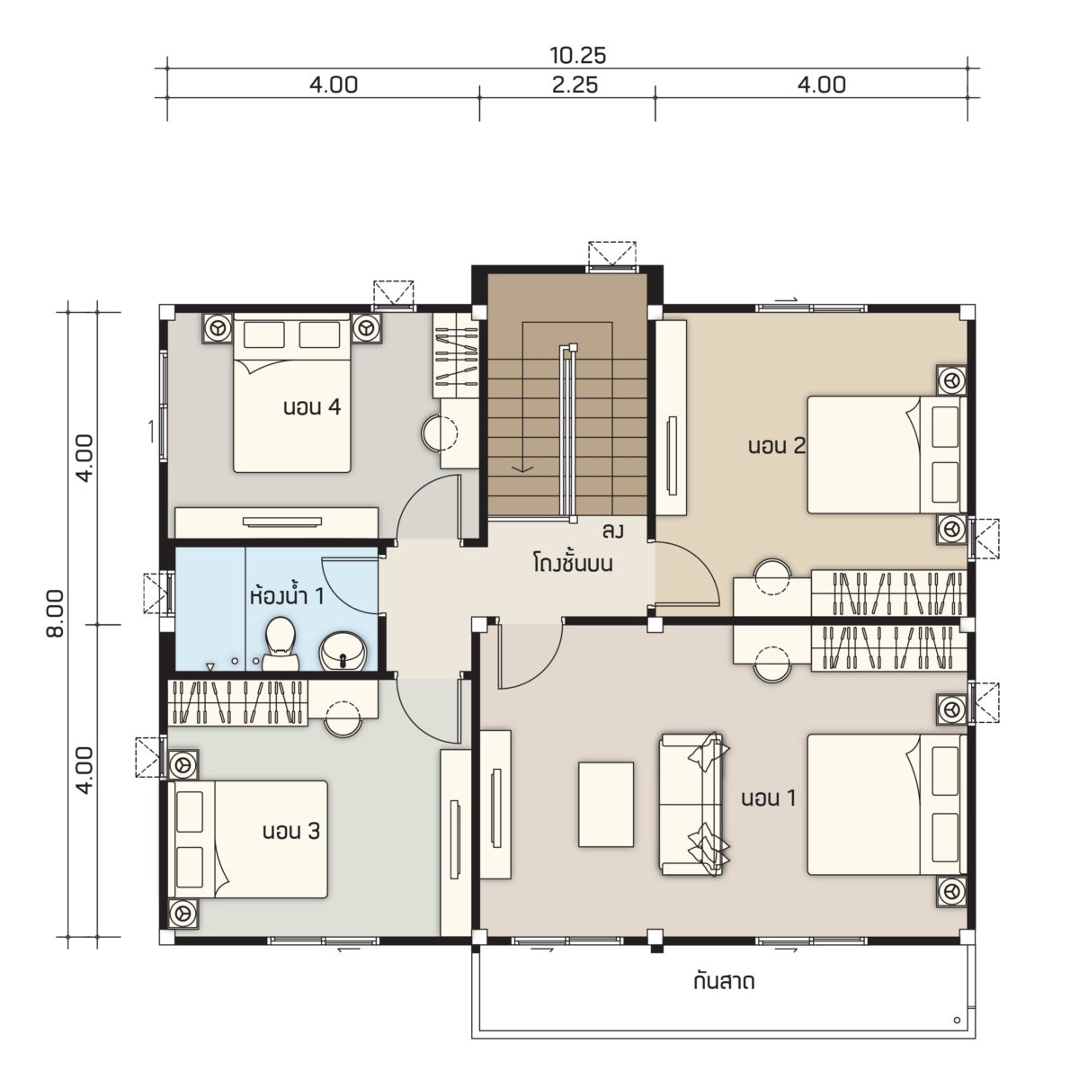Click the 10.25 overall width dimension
tap(577, 56)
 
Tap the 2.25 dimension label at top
tap(575, 85)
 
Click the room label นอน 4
tap(312, 407)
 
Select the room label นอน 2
tap(777, 446)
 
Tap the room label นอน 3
tap(291, 831)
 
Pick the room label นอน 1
tap(768, 798)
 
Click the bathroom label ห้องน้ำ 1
tap(287, 596)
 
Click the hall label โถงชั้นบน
tap(572, 563)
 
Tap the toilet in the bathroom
tap(281, 644)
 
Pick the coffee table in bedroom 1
tap(606, 804)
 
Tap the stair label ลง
tap(612, 531)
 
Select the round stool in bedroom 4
tap(440, 432)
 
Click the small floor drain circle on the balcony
tap(957, 1019)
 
